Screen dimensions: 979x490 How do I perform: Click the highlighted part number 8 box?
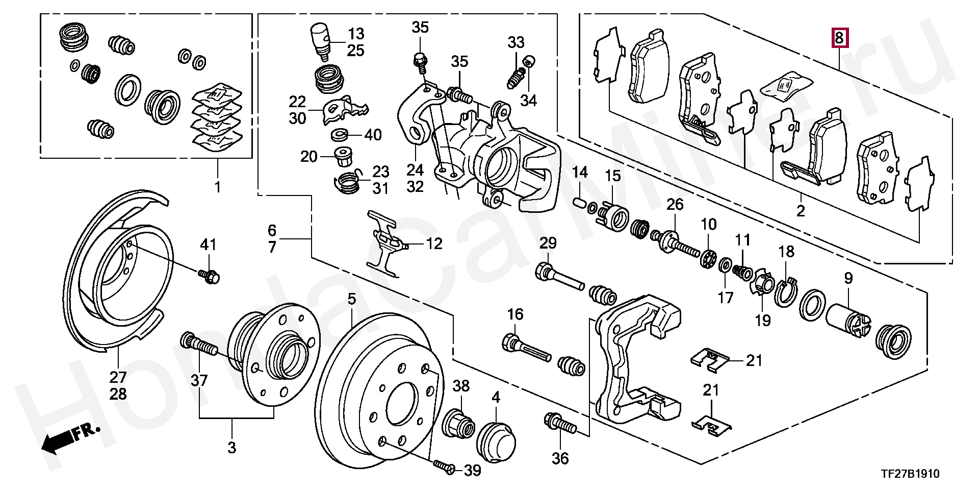tap(840, 38)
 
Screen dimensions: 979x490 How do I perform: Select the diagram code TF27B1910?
tap(910, 474)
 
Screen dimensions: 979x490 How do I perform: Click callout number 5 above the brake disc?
tap(352, 299)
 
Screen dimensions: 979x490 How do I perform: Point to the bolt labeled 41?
tap(209, 276)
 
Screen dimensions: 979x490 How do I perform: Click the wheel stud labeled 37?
tap(199, 345)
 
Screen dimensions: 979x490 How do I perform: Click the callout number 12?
tap(434, 244)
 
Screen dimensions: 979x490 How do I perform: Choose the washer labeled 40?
tap(340, 135)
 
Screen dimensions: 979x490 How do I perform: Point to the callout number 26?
tap(675, 205)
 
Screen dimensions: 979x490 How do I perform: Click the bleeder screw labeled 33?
tap(515, 80)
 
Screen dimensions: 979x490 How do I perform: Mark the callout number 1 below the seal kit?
tap(218, 187)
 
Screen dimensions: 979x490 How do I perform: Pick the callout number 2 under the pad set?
tap(801, 210)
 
